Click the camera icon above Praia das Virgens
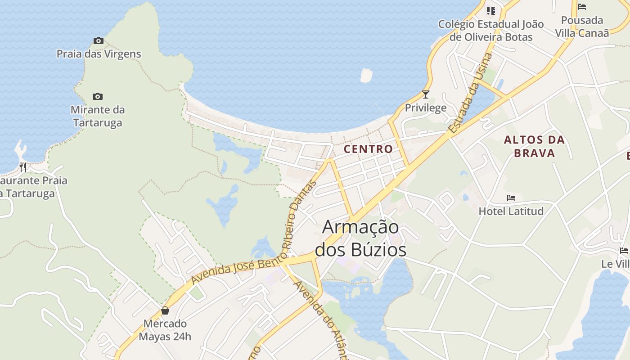99,41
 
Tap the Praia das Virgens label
99,54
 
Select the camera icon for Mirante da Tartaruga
98,97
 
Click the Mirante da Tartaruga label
98,116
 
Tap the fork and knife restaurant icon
23,167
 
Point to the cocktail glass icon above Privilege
425,94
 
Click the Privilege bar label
425,108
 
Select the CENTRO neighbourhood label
368,149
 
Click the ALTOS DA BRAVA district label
534,146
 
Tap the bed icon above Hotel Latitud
511,198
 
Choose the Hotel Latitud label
511,211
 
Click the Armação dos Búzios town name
360,238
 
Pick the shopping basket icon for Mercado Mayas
165,310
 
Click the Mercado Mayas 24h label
165,330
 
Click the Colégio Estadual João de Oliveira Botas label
491,31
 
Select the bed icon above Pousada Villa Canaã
582,7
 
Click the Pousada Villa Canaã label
582,27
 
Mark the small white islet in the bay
366,75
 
